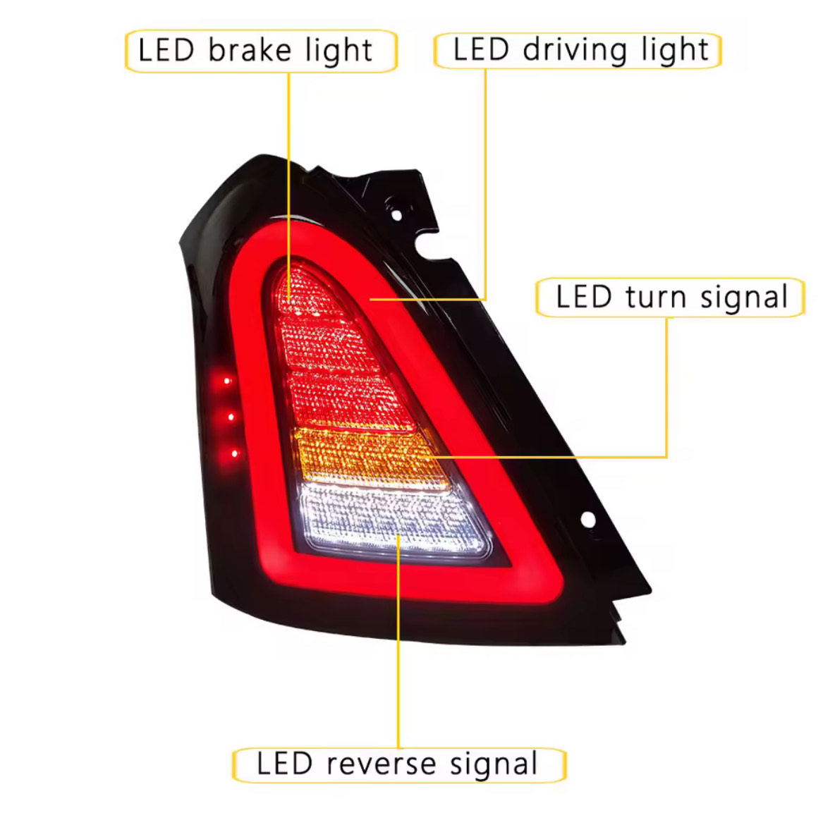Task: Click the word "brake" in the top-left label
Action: click(250, 50)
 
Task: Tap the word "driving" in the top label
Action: click(575, 50)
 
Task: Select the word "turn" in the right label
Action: click(656, 297)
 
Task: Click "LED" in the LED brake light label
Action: click(166, 50)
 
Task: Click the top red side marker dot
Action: click(227, 381)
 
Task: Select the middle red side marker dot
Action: click(231, 417)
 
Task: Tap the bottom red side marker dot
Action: click(235, 453)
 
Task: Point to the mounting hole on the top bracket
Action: click(397, 214)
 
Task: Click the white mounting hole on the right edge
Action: click(588, 520)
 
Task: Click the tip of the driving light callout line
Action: click(370, 300)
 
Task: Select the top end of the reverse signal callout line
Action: click(398, 535)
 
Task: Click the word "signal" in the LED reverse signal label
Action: click(494, 764)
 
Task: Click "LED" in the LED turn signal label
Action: click(584, 297)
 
